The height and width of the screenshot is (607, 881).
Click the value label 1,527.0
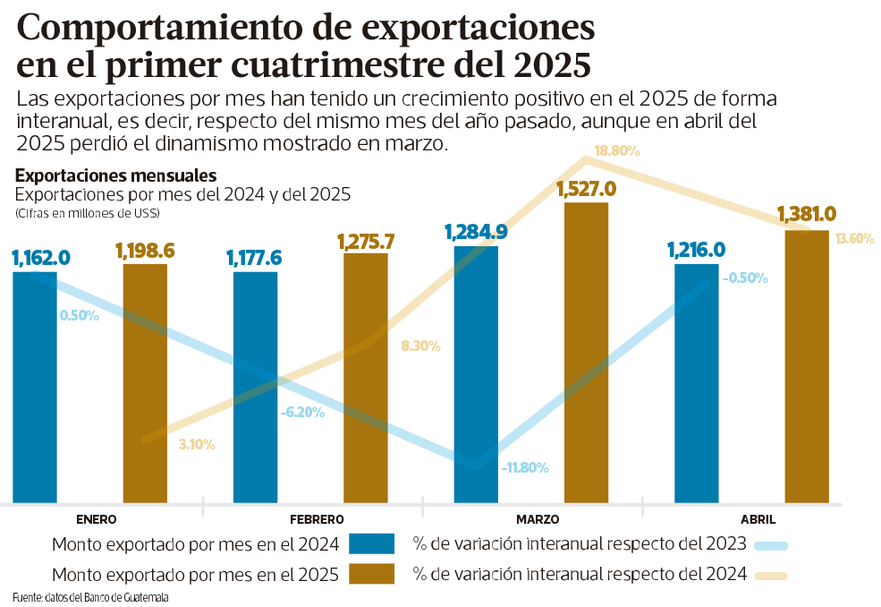586,189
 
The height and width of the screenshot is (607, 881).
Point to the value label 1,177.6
254,259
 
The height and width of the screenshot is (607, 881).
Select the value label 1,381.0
806,215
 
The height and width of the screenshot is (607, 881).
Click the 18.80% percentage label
617,151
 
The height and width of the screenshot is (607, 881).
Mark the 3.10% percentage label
197,443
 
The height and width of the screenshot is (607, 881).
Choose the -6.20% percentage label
301,413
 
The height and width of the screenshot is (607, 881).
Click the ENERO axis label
97,519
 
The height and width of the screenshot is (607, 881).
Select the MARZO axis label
538,519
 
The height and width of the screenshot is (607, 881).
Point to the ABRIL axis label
758,519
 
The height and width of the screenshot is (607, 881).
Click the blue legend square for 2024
371,543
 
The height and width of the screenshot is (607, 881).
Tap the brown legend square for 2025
371,574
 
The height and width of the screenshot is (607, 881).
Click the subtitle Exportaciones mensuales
115,175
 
